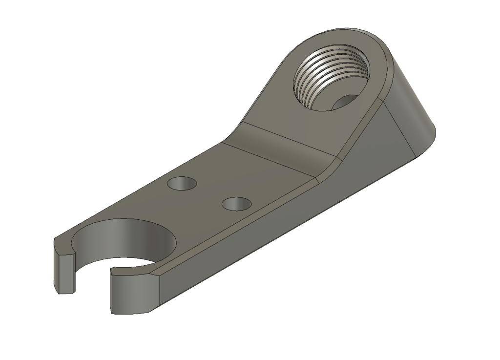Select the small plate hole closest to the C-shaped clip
tap(182, 184)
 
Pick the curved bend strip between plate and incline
tap(278, 149)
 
